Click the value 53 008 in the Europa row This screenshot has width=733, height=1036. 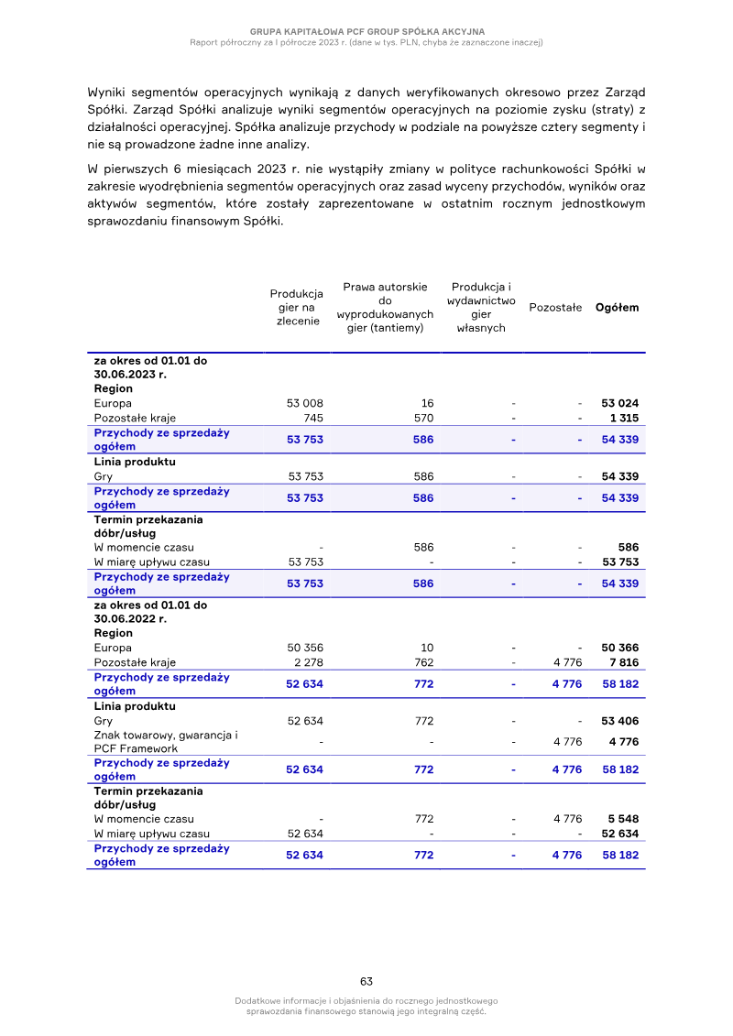coord(305,403)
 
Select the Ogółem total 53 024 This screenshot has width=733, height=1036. coord(620,403)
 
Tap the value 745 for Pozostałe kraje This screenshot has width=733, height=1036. coord(312,418)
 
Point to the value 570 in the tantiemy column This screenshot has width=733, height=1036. coord(423,418)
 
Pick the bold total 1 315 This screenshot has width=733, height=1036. coord(624,418)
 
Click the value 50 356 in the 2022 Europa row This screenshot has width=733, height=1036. coord(305,648)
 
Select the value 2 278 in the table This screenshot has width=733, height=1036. coord(308,662)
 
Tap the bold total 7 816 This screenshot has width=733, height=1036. coord(624,662)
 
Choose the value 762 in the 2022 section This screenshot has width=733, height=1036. coord(423,662)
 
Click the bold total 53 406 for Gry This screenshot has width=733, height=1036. coord(620,721)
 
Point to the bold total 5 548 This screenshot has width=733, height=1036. coord(623,819)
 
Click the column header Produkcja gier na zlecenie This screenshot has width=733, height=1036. coord(296,307)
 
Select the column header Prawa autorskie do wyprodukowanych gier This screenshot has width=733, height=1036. coord(385,307)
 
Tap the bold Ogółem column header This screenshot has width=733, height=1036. coord(618,308)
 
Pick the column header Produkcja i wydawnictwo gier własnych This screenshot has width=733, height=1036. coord(481,307)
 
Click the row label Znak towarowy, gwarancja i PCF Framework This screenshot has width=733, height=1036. coord(165,742)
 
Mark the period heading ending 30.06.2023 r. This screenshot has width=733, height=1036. coord(150,367)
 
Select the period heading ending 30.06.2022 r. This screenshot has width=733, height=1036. coord(150,612)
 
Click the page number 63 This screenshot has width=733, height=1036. coord(366,981)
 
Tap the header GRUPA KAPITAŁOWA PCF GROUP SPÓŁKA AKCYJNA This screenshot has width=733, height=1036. coord(366,31)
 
